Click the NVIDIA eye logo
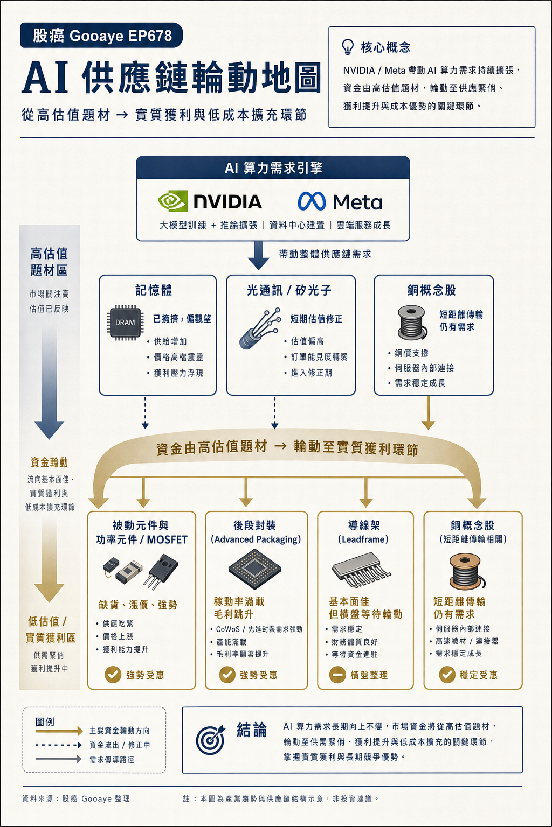[x=172, y=201]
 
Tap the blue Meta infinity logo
[x=312, y=201]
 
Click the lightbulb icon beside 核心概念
[x=347, y=47]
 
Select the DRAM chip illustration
[x=125, y=323]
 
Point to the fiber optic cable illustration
[x=259, y=328]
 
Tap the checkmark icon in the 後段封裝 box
[x=227, y=675]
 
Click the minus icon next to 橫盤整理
[x=337, y=675]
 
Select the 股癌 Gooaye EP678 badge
[x=102, y=36]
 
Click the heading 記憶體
[x=154, y=290]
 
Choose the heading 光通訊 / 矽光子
[x=289, y=290]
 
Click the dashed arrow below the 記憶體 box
[x=146, y=413]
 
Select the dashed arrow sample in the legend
[x=58, y=745]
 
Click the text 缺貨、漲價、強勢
[x=138, y=605]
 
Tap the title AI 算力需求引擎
[x=273, y=169]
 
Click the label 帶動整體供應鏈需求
[x=325, y=254]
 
